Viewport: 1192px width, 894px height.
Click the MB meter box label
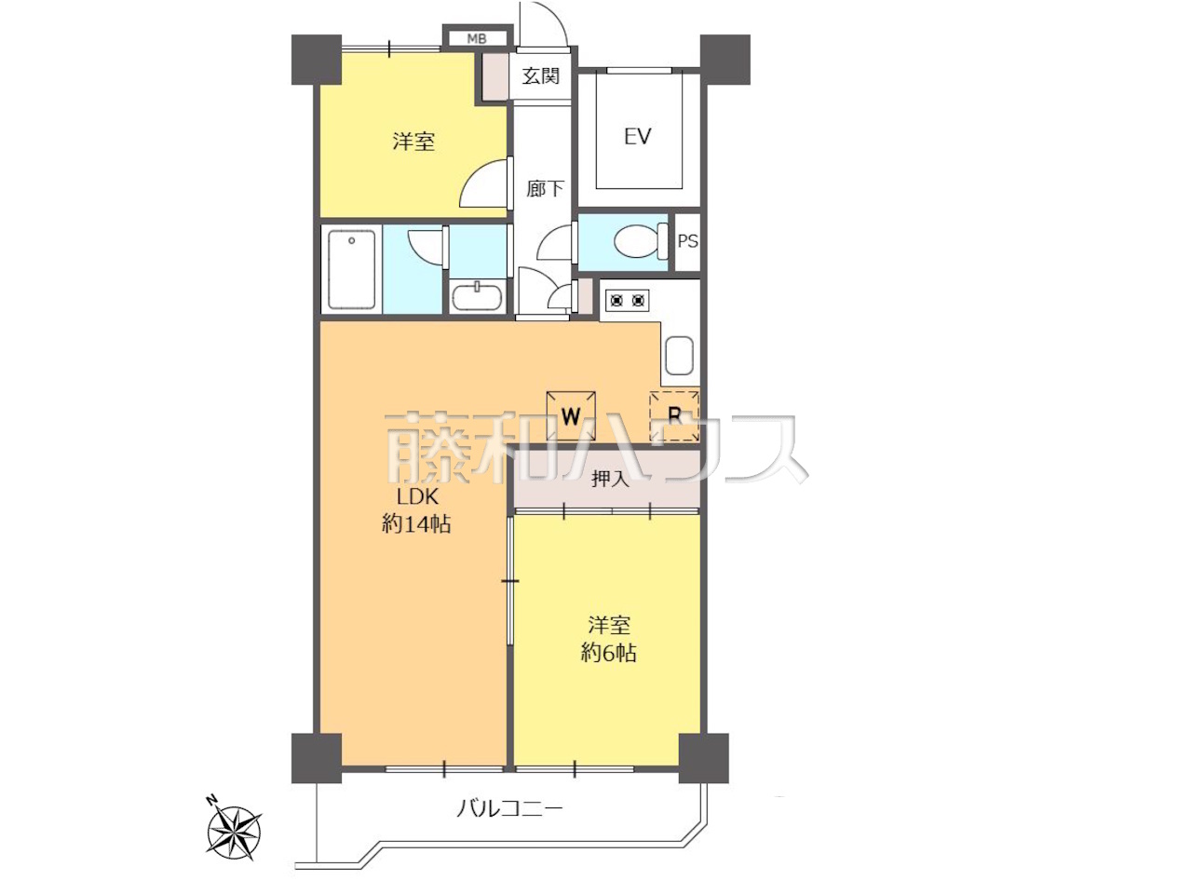coord(476,38)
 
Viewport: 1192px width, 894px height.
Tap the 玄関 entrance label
coord(540,76)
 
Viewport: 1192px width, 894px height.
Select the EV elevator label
coord(638,136)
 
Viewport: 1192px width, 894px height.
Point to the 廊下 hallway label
coord(544,189)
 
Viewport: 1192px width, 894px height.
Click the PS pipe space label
coord(687,241)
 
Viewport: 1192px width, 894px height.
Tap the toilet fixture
coord(641,241)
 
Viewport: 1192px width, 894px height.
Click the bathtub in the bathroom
coord(352,269)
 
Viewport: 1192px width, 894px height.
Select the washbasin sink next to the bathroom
coord(478,296)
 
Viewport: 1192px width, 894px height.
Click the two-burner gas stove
coord(627,300)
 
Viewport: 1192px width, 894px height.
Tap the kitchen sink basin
coord(679,355)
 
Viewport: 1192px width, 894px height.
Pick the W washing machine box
coord(571,416)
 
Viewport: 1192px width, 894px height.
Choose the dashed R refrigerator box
coord(674,415)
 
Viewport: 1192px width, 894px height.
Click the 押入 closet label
coord(610,479)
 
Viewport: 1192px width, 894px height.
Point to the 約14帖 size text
coord(416,524)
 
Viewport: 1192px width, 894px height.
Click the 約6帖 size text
coord(608,653)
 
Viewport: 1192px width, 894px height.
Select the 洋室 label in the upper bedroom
coord(413,142)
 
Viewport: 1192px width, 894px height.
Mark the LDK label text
coord(417,496)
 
